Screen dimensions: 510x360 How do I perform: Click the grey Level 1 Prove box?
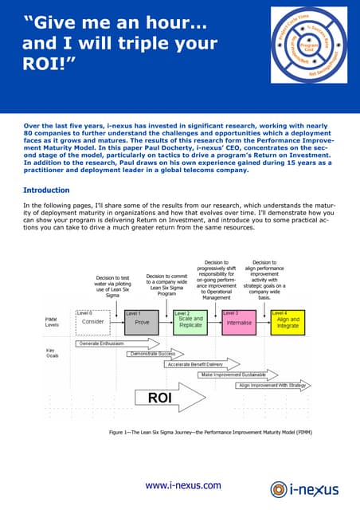(142, 320)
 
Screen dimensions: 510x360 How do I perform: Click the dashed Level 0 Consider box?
(93, 320)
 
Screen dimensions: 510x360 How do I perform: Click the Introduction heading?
(46, 190)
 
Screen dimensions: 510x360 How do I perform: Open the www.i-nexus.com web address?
(182, 485)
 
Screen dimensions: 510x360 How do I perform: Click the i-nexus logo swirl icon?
(279, 488)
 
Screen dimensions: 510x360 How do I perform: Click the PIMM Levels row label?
(51, 322)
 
